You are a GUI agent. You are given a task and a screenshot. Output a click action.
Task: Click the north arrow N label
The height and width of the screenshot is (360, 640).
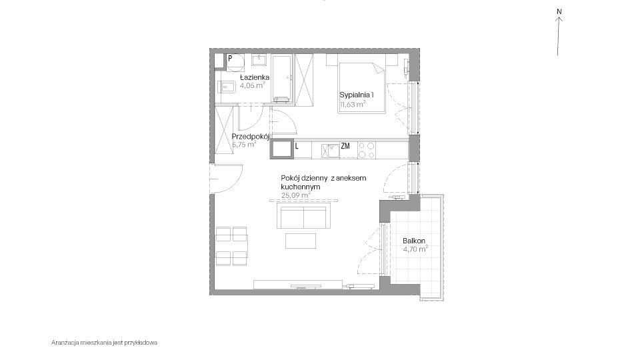pyautogui.click(x=559, y=11)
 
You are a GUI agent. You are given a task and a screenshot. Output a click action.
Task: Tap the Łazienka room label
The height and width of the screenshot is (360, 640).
pyautogui.click(x=254, y=77)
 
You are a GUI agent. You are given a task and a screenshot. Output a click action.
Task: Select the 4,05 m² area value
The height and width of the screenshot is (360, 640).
pyautogui.click(x=252, y=85)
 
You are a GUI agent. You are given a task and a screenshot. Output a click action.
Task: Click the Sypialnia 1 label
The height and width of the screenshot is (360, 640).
pyautogui.click(x=356, y=95)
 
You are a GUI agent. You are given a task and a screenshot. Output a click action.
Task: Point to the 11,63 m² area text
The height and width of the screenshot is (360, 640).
pyautogui.click(x=352, y=104)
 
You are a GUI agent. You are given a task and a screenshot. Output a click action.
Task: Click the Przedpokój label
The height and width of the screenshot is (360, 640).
pyautogui.click(x=251, y=137)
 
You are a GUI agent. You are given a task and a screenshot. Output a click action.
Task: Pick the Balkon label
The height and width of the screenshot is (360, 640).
pyautogui.click(x=414, y=241)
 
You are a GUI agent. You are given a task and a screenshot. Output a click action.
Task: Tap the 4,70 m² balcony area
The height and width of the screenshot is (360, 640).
pyautogui.click(x=415, y=249)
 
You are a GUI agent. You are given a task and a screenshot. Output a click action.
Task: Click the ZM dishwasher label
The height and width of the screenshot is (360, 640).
pyautogui.click(x=345, y=146)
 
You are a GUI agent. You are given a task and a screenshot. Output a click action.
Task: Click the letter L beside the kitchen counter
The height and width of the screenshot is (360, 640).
pyautogui.click(x=297, y=146)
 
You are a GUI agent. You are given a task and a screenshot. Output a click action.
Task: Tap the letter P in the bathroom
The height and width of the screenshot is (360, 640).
pyautogui.click(x=230, y=59)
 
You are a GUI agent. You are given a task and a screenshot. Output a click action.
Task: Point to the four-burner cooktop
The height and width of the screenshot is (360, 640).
pyautogui.click(x=367, y=150)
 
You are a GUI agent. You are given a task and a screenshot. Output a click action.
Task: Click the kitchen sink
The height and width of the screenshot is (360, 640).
pyautogui.click(x=330, y=151)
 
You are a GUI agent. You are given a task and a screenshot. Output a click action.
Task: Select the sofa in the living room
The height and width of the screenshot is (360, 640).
pyautogui.click(x=304, y=215)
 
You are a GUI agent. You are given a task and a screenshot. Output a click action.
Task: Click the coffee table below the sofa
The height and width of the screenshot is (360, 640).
pyautogui.click(x=301, y=241)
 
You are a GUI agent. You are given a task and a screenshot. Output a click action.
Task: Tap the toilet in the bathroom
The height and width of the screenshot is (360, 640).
pyautogui.click(x=227, y=87)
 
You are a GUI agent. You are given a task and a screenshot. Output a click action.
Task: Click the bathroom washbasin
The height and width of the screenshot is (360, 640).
pyautogui.click(x=259, y=60)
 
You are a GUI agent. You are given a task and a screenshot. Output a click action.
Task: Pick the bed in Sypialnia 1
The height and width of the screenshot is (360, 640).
pyautogui.click(x=361, y=88)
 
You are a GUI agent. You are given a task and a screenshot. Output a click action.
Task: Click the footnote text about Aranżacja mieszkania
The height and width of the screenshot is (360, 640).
pyautogui.click(x=104, y=343)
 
